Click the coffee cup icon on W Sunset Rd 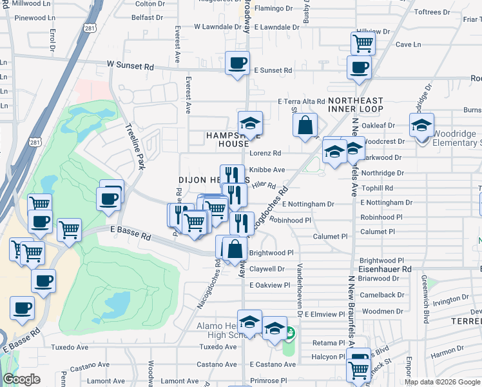click(237, 64)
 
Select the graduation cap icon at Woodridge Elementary click(421, 124)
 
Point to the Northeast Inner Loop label click(355, 104)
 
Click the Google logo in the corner click(21, 379)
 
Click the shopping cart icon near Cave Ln click(363, 44)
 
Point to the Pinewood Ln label click(27, 18)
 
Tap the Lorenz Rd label click(265, 154)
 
